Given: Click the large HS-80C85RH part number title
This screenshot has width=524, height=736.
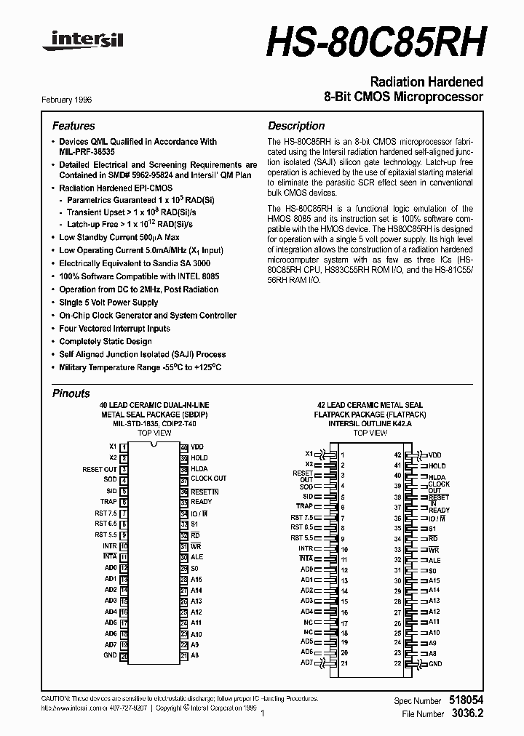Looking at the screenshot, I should click(x=375, y=41).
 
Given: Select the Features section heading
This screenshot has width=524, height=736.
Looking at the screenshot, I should click(x=74, y=126).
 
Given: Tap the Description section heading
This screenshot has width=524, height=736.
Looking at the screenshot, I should click(x=296, y=126).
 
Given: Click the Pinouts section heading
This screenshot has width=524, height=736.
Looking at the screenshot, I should click(x=71, y=393).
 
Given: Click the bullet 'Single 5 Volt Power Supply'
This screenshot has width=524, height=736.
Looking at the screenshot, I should click(x=108, y=303).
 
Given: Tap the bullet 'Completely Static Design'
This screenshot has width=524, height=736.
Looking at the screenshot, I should click(x=106, y=342).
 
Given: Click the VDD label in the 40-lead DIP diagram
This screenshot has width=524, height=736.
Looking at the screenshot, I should click(x=198, y=447).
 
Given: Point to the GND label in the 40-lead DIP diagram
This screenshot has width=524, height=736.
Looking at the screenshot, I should click(x=110, y=655).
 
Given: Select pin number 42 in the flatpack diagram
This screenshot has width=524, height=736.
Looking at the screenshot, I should click(x=398, y=454).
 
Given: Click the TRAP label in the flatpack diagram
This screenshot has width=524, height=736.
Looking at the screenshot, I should click(x=304, y=506).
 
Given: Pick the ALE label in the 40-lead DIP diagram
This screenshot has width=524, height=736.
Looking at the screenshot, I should click(x=196, y=557).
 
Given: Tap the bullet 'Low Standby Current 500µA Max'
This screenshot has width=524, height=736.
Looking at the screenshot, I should click(x=120, y=237).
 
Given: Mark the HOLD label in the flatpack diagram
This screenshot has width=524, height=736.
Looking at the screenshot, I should click(x=437, y=465).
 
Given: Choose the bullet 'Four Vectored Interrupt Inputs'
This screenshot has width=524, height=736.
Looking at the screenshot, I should click(x=115, y=329).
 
